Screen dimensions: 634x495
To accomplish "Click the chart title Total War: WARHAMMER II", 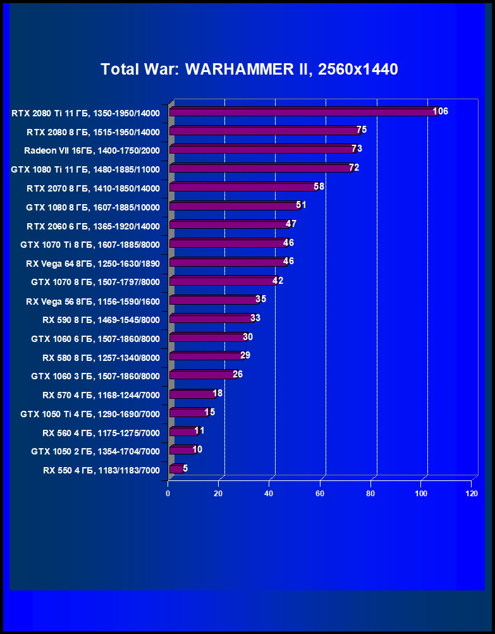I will tap(249, 70).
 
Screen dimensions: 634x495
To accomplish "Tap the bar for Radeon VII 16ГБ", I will tap(262, 149).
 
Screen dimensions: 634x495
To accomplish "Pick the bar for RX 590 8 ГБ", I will tap(211, 319).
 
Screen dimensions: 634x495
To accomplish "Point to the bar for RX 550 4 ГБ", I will tap(176, 469).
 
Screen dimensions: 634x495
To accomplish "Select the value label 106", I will tap(441, 111).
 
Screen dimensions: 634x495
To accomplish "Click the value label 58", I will tap(319, 186).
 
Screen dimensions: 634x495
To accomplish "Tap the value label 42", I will tap(278, 281).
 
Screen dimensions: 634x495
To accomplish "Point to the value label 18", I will tap(217, 393).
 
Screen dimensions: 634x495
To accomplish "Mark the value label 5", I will tap(185, 468).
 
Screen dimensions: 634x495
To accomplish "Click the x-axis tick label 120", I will tap(470, 493).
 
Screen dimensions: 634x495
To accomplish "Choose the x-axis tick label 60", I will tap(321, 493).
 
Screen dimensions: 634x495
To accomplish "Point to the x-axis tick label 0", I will tap(168, 493).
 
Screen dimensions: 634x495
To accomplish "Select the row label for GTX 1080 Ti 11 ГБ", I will tap(85, 169).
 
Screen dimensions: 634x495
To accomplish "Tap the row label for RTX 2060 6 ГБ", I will tap(93, 226).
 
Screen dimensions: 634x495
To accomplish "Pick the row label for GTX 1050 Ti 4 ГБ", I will tap(90, 414).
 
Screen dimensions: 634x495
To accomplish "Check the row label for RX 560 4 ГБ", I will tap(101, 433).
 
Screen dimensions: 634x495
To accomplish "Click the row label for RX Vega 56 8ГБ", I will tap(93, 301).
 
